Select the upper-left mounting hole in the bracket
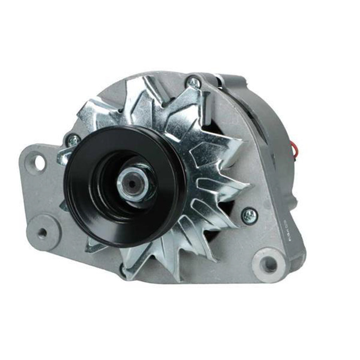39,162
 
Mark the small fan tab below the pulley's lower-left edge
92,246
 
